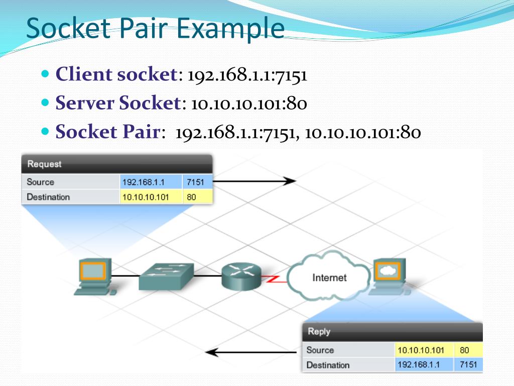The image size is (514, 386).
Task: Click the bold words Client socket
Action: tap(115, 74)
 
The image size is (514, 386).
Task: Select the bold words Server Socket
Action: tap(117, 104)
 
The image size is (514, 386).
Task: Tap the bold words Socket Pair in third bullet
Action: tap(107, 133)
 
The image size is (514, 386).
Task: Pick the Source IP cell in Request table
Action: tap(151, 182)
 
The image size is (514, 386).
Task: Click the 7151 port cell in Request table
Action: tap(198, 182)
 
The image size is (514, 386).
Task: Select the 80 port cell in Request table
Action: tap(198, 197)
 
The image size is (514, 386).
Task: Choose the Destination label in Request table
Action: tap(48, 197)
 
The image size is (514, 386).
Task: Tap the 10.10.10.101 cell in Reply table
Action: tap(424, 350)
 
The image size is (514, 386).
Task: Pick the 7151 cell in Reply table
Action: tap(468, 364)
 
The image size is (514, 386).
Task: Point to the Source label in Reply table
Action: tap(320, 350)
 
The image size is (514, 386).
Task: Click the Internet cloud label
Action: tap(329, 277)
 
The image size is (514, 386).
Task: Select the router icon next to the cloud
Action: tap(241, 276)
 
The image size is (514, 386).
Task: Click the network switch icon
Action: tap(166, 276)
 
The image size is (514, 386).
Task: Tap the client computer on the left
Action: tap(93, 277)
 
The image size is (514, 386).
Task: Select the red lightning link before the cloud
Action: tap(274, 278)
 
